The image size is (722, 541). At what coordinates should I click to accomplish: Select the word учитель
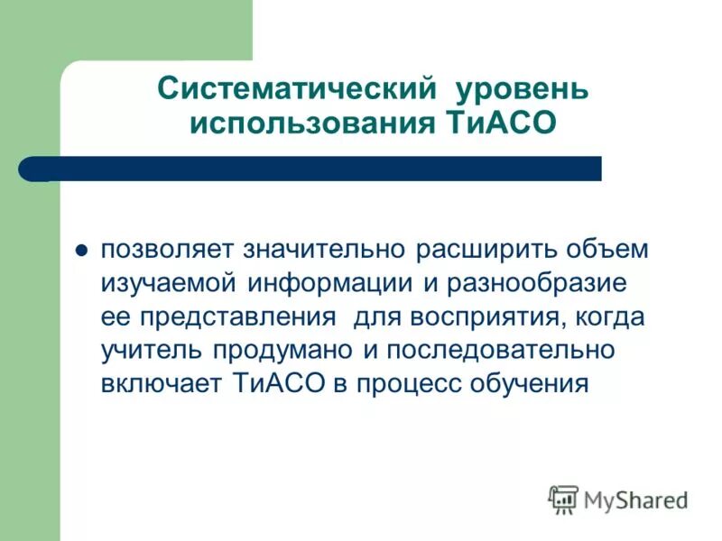click(152, 350)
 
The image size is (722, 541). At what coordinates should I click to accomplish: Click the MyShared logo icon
click(563, 499)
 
